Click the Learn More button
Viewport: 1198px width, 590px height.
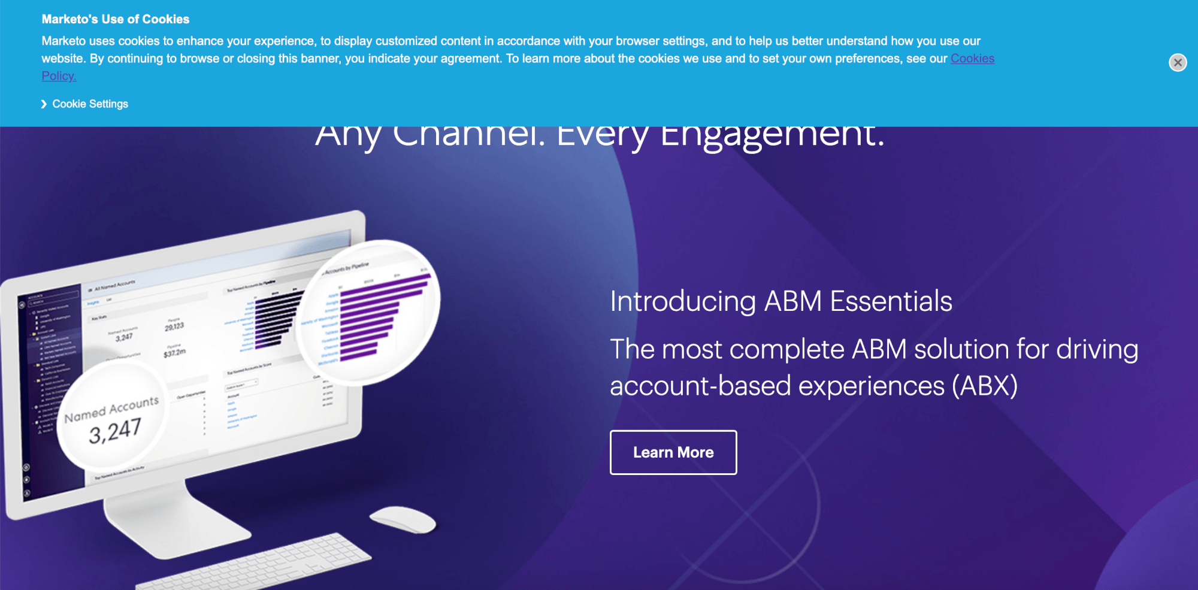coord(673,452)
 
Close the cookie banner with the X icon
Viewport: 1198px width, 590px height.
coord(1178,62)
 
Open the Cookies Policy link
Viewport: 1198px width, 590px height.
coord(972,59)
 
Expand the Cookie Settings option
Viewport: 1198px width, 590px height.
coord(90,104)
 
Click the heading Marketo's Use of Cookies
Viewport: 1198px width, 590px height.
coord(116,19)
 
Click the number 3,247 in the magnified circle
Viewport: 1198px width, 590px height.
coord(115,431)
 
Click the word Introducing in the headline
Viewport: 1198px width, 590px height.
coord(683,301)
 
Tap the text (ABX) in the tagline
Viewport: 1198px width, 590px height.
coord(985,386)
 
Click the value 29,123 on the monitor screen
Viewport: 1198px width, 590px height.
coord(174,326)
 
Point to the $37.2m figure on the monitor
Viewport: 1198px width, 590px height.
coord(174,353)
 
